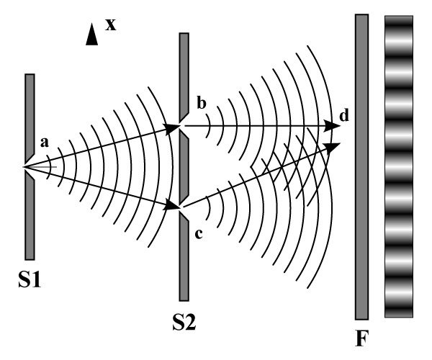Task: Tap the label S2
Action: (x=184, y=320)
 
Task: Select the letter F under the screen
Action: (x=361, y=338)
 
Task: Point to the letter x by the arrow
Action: (x=110, y=24)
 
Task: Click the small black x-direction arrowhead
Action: (x=91, y=35)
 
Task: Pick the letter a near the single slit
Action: (x=44, y=143)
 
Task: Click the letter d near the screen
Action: (x=345, y=115)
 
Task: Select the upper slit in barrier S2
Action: (x=184, y=127)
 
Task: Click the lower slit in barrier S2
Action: (x=184, y=208)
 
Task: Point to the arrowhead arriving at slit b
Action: (x=173, y=127)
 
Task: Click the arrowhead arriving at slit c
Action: (x=173, y=207)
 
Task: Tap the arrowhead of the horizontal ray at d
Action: (x=333, y=127)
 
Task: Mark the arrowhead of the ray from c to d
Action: (x=333, y=146)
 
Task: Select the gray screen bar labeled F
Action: (x=361, y=166)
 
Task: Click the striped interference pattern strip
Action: (x=399, y=166)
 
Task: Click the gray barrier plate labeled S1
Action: (x=30, y=216)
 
